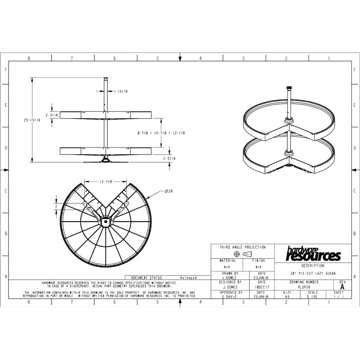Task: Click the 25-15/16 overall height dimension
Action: point(32,120)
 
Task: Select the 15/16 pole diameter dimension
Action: point(122,92)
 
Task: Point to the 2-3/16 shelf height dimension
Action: point(52,115)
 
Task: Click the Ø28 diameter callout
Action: point(168,191)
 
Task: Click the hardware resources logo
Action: point(313,254)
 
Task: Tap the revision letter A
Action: point(342,287)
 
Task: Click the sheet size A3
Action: point(287,297)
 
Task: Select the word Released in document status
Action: point(188,278)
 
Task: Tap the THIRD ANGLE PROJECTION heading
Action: point(242,247)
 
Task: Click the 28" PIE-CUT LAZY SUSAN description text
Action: point(313,273)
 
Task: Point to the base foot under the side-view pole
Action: point(106,161)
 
